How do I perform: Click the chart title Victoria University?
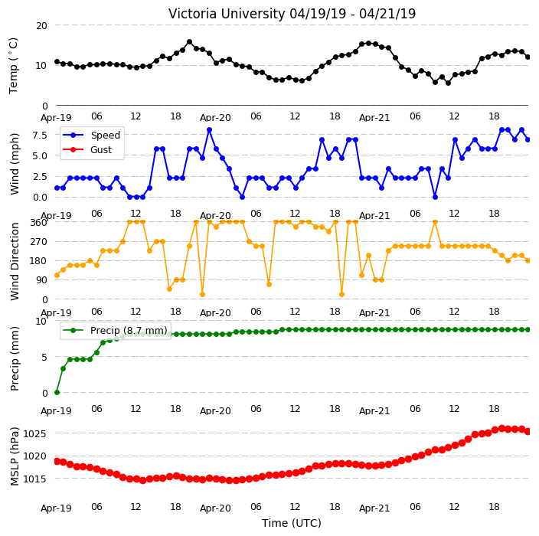227,14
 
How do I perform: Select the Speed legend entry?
91,135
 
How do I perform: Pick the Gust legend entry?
87,150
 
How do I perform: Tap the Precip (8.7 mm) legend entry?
115,330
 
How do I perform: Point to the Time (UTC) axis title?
292,523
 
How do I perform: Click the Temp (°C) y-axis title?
14,66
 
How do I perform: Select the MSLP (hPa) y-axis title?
15,456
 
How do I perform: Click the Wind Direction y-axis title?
15,261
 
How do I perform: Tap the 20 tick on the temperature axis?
41,26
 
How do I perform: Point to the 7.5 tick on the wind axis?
40,135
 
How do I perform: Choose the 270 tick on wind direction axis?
39,242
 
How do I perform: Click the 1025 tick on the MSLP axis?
34,434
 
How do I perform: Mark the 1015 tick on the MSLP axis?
34,479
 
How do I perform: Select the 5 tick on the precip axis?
44,358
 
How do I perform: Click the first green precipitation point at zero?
57,392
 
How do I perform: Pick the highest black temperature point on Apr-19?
189,42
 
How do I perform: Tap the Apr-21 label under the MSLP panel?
374,508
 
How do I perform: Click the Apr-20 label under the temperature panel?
215,118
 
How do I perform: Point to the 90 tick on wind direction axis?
41,280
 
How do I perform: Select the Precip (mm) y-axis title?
15,358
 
